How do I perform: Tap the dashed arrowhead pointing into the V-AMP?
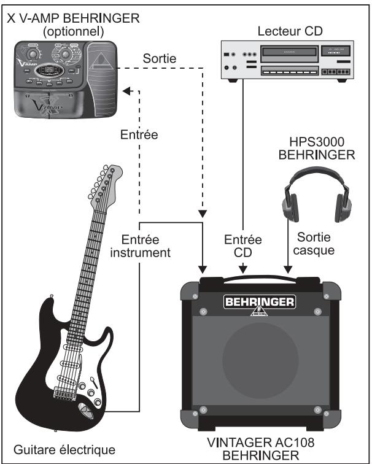pos(127,91)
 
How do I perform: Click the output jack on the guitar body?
pos(85,408)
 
